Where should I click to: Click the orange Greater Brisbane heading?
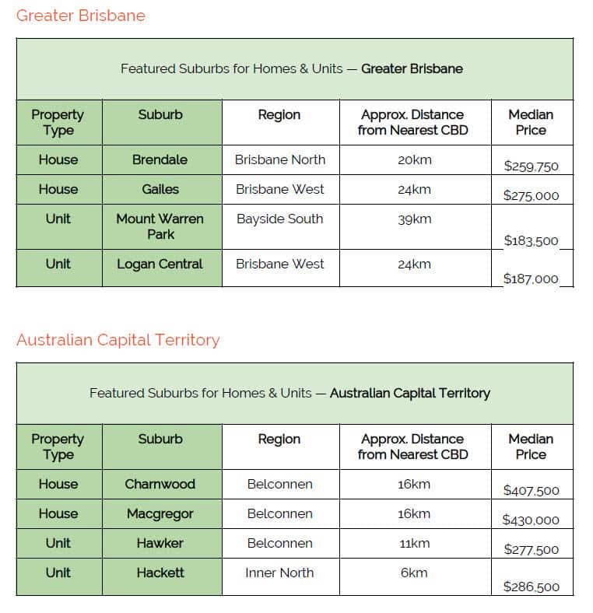tap(80, 16)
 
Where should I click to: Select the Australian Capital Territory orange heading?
tap(118, 340)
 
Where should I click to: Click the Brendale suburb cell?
tap(160, 159)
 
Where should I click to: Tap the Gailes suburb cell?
tap(160, 189)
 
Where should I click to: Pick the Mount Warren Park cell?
tap(160, 226)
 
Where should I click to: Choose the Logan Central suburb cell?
tap(160, 264)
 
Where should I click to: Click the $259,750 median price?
tap(531, 166)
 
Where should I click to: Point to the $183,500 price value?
tap(531, 240)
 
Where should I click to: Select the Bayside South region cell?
tap(279, 219)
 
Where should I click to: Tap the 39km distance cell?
tap(414, 219)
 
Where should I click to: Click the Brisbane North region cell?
tap(279, 159)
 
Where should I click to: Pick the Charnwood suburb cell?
tap(160, 484)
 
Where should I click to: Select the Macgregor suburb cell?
tap(160, 513)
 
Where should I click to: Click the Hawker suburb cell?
tap(160, 543)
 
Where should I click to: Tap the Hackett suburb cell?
tap(160, 573)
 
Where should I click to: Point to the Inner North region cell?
tap(279, 573)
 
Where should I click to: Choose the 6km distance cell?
tap(414, 573)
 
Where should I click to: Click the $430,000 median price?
tap(531, 520)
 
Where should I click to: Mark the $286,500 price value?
tap(531, 587)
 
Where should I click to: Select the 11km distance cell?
tap(414, 543)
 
